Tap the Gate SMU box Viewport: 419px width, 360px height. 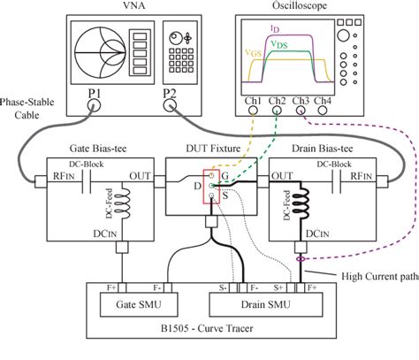(x=119, y=303)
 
